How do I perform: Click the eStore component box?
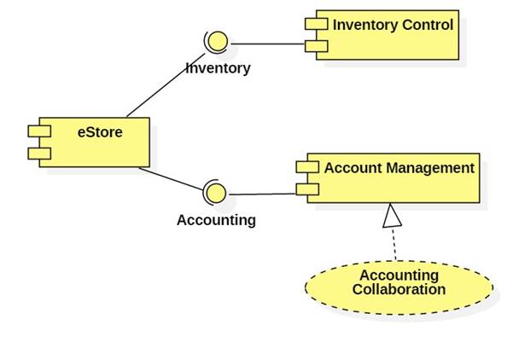94,143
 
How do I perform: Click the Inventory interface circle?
216,41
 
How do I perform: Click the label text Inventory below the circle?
219,68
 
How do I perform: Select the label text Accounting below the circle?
216,220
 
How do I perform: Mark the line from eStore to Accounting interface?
171,177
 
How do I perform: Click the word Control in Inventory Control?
424,24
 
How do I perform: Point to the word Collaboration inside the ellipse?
399,290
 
